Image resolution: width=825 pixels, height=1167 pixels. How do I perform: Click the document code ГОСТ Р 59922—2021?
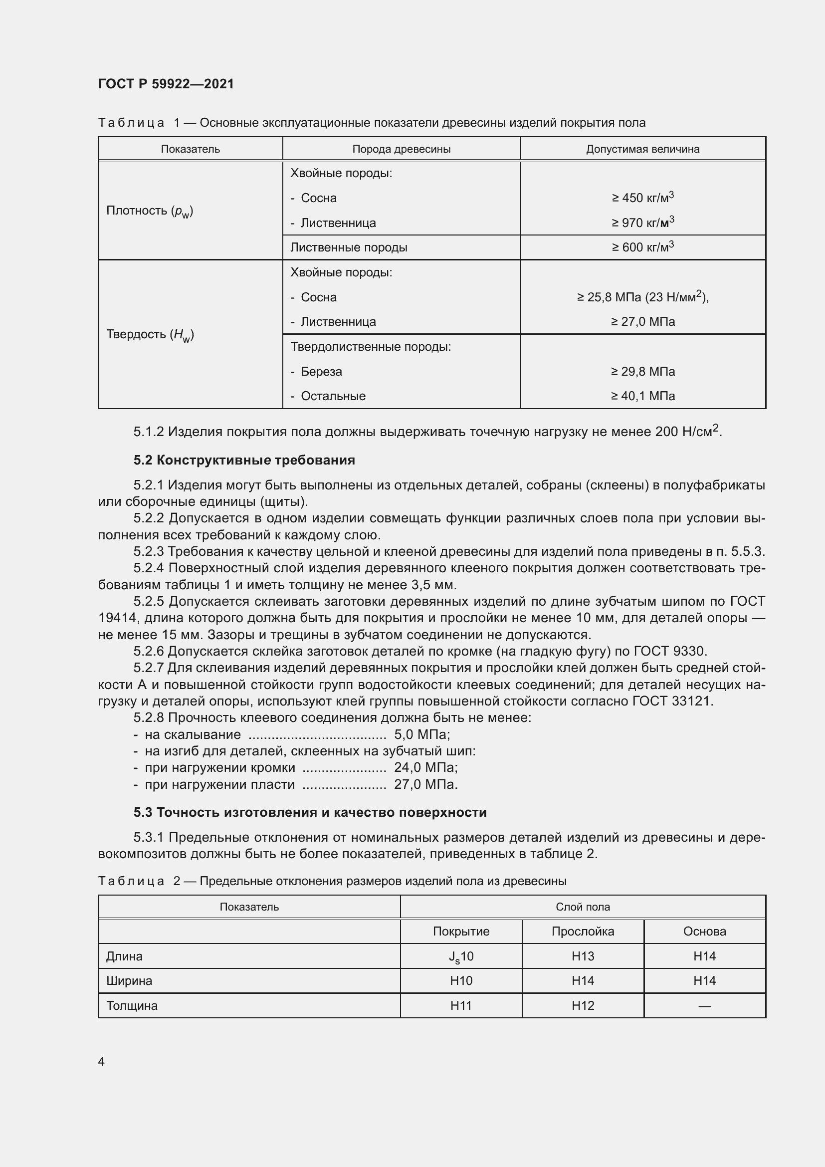(166, 84)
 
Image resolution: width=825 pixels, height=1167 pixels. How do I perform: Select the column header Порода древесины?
(402, 149)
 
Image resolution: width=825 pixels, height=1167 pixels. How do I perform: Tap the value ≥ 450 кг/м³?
(642, 198)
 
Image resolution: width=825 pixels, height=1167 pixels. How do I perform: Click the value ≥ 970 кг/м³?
(642, 223)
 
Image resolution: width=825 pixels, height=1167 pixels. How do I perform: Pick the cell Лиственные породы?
(349, 247)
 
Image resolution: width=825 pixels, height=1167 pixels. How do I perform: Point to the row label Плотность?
(149, 211)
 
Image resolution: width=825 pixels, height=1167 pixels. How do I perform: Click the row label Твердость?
(150, 334)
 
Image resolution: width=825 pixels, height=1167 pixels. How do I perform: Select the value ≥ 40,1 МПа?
(642, 396)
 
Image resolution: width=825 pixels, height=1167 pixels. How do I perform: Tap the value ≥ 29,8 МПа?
(642, 372)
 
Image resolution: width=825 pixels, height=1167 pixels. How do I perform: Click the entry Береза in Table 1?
(321, 372)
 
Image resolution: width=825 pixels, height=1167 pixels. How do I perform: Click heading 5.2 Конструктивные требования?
(244, 460)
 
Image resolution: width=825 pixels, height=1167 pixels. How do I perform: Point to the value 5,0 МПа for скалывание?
(421, 734)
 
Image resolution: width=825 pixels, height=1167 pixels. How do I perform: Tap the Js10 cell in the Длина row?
(461, 956)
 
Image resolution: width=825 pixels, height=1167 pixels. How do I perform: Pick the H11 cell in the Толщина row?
(461, 1005)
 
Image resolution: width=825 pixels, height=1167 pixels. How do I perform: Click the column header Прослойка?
(583, 931)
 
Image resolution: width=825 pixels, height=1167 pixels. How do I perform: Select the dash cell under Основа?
(704, 1005)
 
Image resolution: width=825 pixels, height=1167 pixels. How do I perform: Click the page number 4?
(101, 1061)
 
